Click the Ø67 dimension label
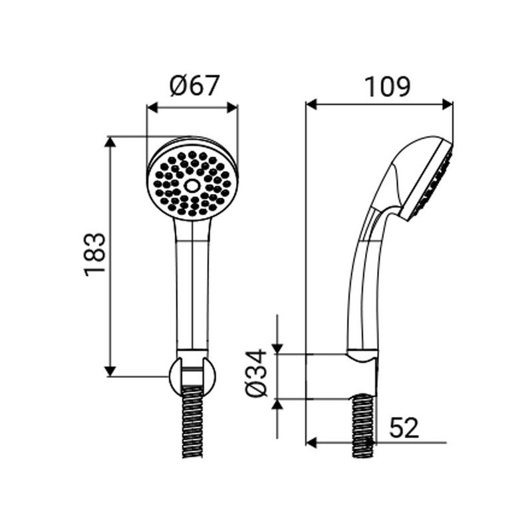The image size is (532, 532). (193, 86)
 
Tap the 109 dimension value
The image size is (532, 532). (387, 86)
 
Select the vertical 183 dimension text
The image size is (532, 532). (96, 254)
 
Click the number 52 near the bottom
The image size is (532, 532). (404, 428)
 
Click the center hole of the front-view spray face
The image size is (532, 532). (192, 185)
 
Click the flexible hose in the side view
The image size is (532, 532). (363, 426)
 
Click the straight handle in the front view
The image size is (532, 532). (192, 286)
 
